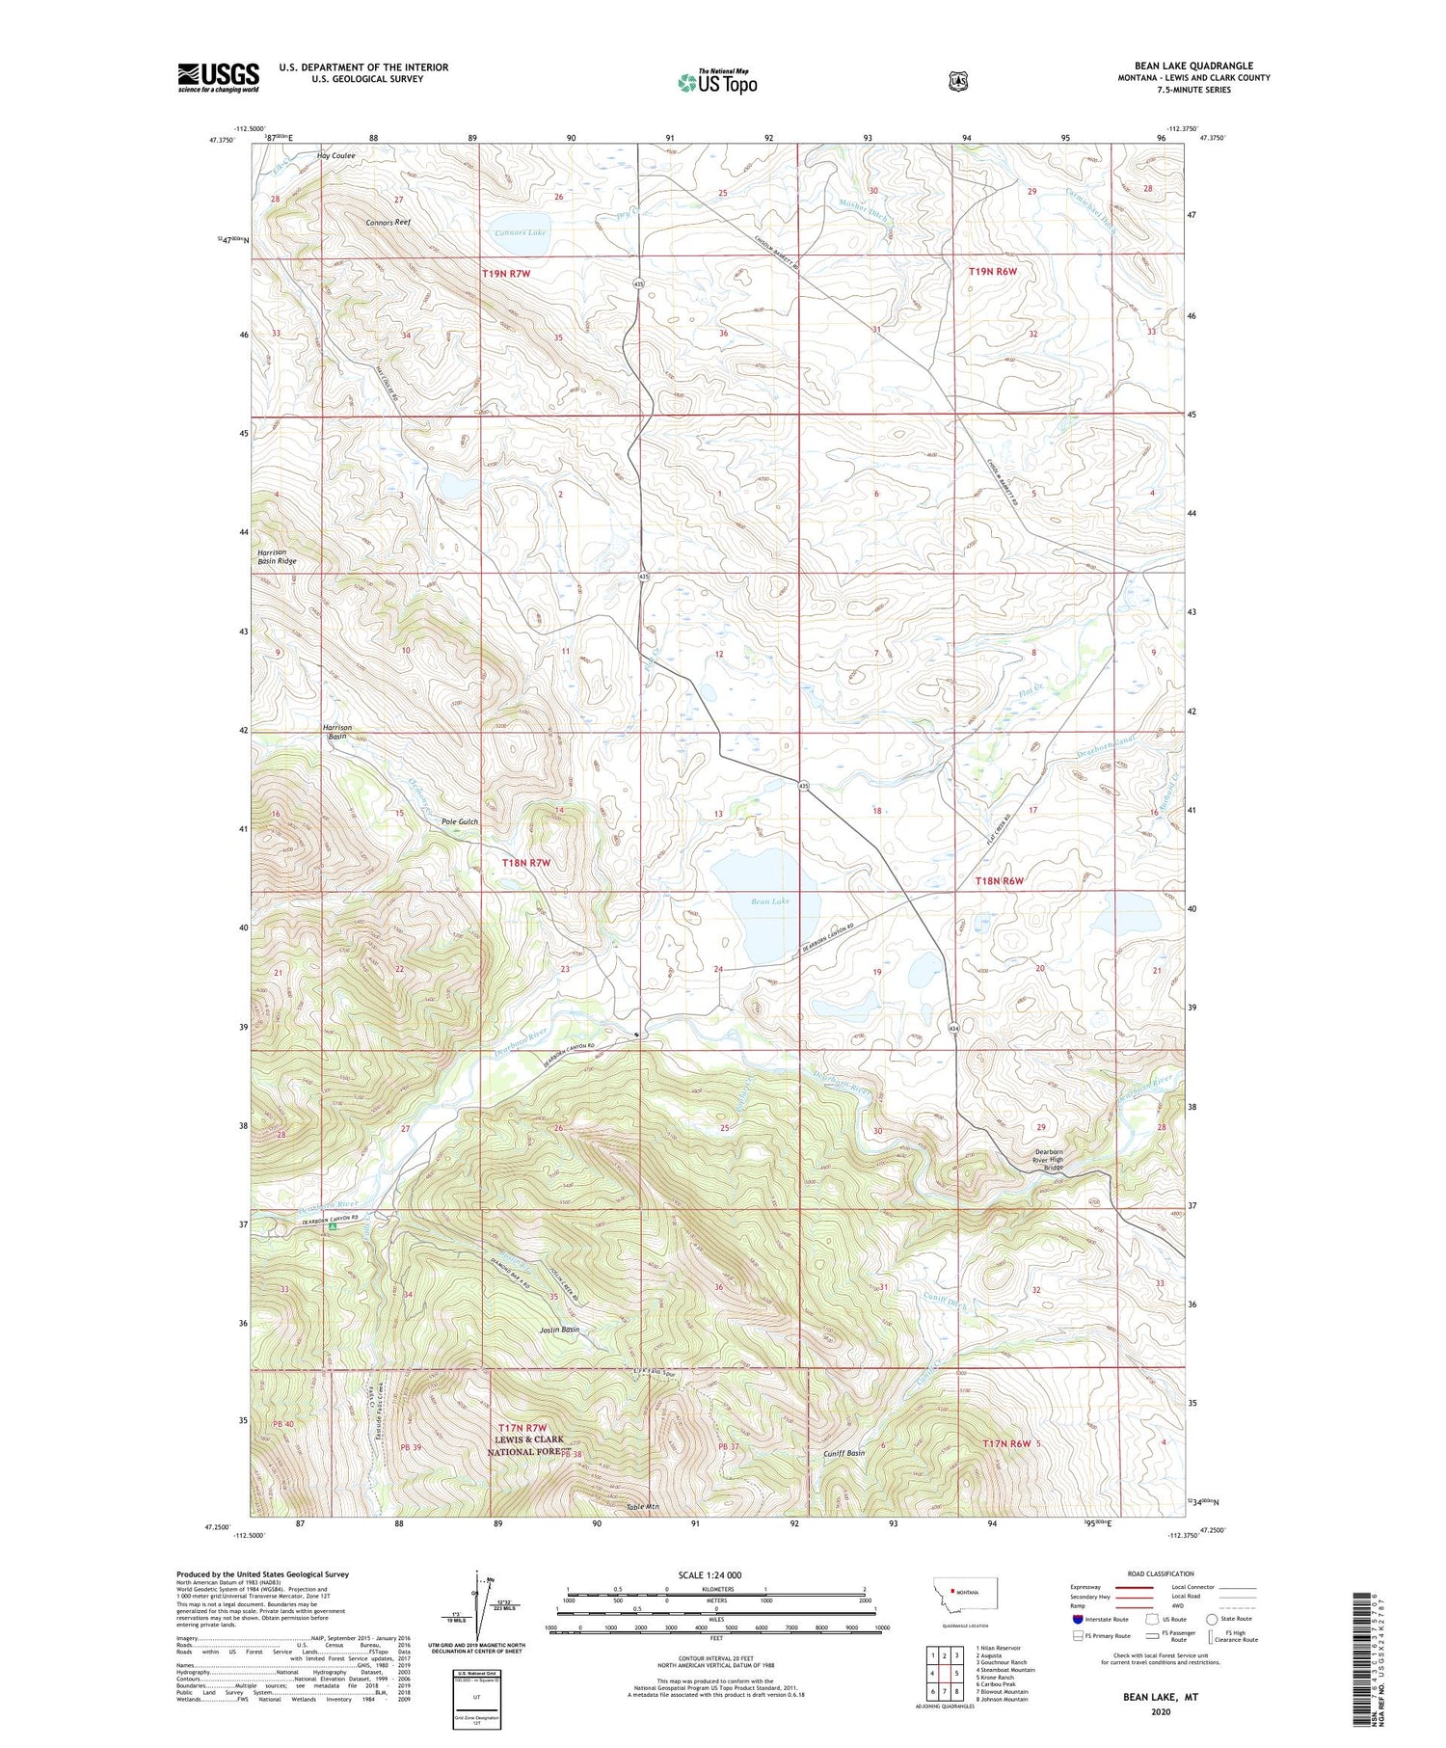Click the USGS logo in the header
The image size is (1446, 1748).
coord(218,77)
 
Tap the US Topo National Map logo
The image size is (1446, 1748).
coord(717,81)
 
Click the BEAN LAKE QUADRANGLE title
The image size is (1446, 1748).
coord(1193,66)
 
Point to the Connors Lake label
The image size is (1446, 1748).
coord(520,232)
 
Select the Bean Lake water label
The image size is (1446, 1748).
coord(770,901)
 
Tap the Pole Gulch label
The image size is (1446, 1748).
coord(459,821)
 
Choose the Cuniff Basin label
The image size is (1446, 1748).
coord(843,1453)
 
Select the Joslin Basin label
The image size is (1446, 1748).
coord(559,1330)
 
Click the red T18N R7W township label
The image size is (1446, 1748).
coord(525,863)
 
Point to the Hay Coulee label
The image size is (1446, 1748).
coord(336,155)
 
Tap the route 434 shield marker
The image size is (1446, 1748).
coord(953,1028)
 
